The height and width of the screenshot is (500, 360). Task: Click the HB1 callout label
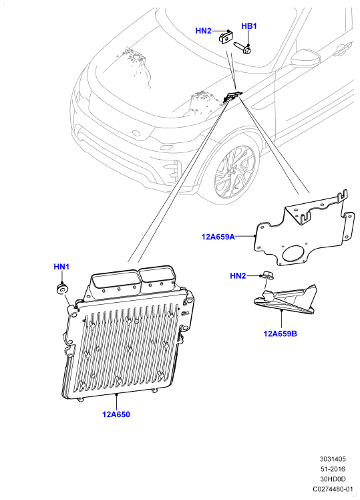(249, 26)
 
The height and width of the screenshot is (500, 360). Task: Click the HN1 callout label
(61, 267)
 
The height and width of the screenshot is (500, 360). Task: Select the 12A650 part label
(116, 414)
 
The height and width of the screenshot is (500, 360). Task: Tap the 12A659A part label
(218, 237)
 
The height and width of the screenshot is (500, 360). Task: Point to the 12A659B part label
(280, 334)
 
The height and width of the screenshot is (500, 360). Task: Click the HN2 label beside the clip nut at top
(203, 31)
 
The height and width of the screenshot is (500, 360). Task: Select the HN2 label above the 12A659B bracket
(238, 276)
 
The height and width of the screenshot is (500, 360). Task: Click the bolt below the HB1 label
(242, 48)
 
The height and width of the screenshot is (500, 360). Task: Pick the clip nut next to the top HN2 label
(225, 37)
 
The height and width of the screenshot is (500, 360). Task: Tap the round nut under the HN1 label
(62, 289)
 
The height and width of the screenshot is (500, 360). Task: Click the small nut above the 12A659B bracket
(267, 275)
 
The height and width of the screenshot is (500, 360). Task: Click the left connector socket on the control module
(115, 283)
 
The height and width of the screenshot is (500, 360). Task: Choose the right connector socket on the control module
(158, 278)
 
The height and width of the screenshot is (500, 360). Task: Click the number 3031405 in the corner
(333, 459)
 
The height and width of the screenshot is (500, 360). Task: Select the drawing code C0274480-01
(333, 489)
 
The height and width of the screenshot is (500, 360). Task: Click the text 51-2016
(333, 469)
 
